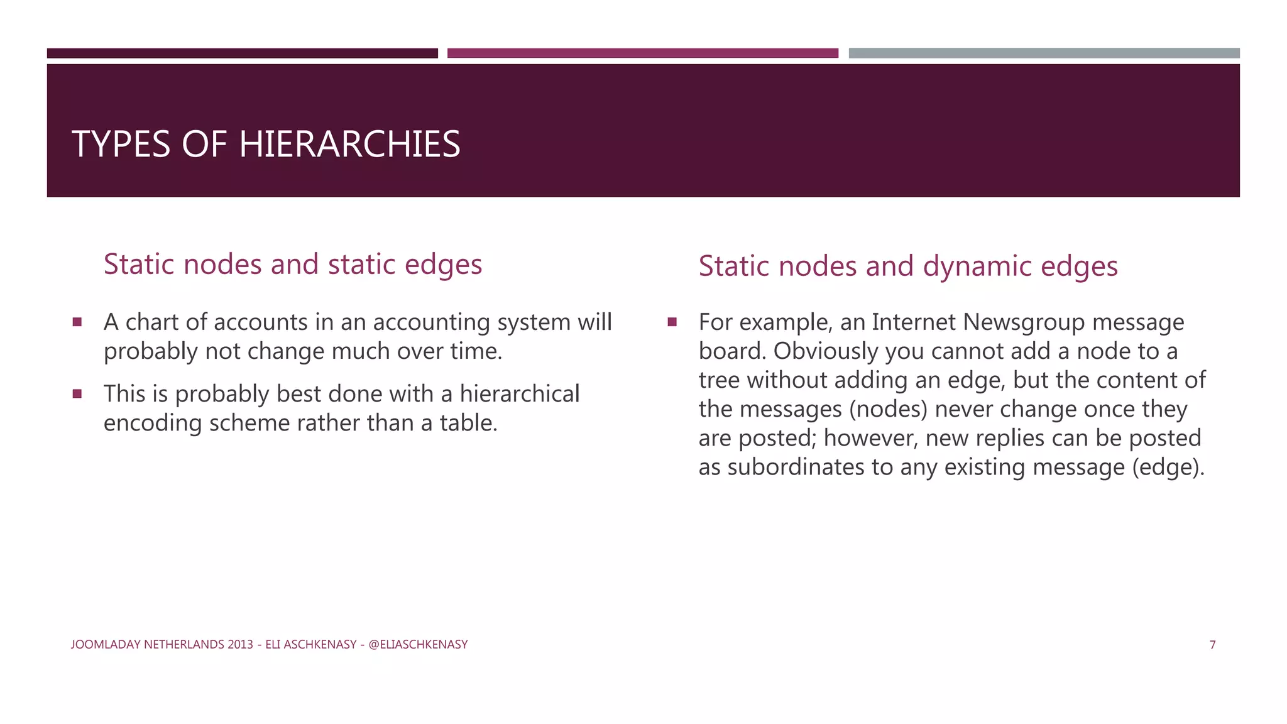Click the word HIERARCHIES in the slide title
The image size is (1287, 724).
[x=349, y=144]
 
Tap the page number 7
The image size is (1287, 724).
[x=1212, y=645]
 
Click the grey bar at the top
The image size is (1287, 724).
[x=1044, y=53]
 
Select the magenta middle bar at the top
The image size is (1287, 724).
[x=642, y=53]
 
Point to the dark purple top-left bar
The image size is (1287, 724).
[x=242, y=53]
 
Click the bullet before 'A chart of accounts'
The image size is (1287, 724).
[x=77, y=322]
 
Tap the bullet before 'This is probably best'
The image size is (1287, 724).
[x=77, y=394]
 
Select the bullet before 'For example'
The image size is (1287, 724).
[x=672, y=322]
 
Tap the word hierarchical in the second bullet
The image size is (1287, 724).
[x=519, y=394]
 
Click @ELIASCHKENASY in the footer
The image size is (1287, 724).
[x=418, y=645]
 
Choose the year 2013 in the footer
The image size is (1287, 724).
[x=241, y=645]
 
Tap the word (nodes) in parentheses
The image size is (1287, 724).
[x=888, y=409]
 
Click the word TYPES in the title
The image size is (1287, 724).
[x=121, y=144]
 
